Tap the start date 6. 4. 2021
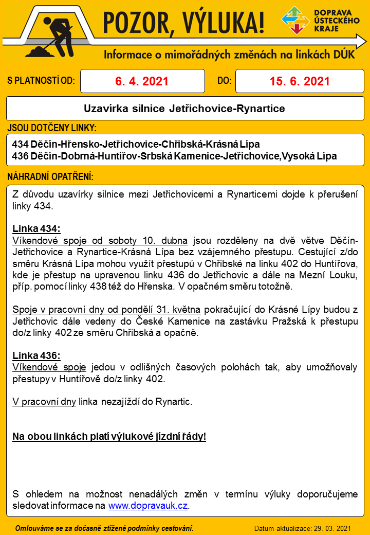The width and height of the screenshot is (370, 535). [x=142, y=81]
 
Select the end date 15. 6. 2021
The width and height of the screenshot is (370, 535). [x=300, y=81]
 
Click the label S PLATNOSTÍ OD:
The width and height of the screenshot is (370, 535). [x=41, y=81]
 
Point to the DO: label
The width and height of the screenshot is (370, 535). [x=225, y=81]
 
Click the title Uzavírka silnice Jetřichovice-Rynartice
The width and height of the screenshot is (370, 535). [x=184, y=109]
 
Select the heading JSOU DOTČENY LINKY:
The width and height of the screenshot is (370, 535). [x=52, y=128]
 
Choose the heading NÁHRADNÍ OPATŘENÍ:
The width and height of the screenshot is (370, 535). [x=50, y=177]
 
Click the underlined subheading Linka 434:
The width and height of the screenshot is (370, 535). [x=36, y=228]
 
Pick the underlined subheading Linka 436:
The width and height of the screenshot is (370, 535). [x=36, y=355]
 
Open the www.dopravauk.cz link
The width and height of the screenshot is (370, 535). [x=148, y=506]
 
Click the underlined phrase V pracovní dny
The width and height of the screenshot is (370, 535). [x=44, y=401]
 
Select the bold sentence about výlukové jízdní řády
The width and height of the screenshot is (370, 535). [x=109, y=437]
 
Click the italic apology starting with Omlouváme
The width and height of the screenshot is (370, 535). [x=105, y=528]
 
